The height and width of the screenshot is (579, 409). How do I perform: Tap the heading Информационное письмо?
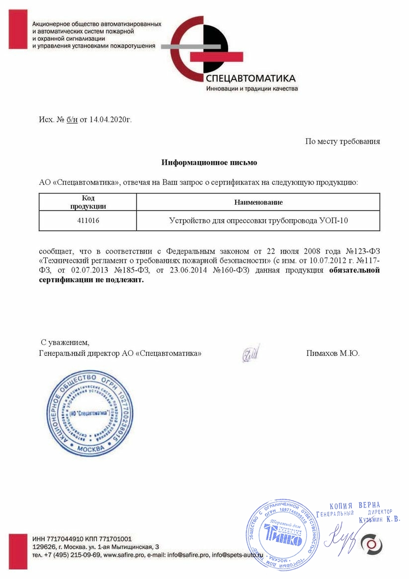(x=209, y=163)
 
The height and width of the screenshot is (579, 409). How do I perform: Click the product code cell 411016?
(x=87, y=221)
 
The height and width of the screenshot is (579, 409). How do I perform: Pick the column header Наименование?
(x=258, y=202)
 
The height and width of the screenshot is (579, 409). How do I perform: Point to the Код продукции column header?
(x=87, y=202)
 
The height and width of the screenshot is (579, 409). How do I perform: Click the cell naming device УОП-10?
(x=258, y=221)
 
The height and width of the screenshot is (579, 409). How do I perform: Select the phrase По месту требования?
(x=342, y=142)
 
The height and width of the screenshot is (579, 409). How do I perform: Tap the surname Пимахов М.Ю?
(x=332, y=354)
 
